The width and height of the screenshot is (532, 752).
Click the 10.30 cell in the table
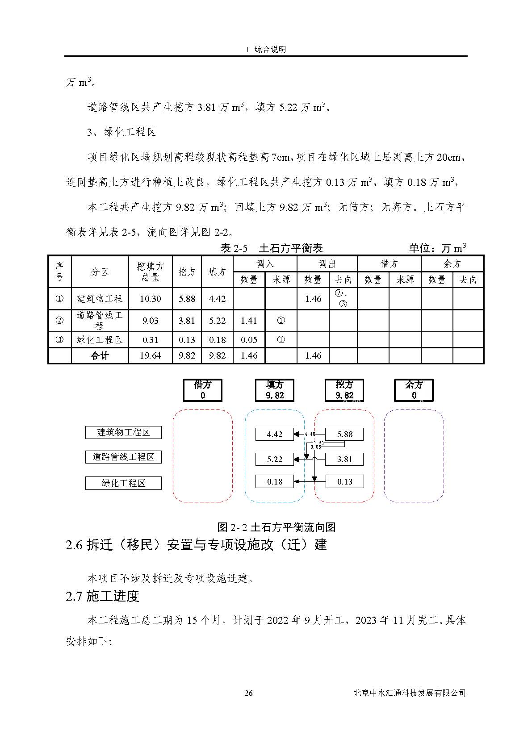(x=150, y=299)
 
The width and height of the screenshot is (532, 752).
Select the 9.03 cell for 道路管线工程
(x=150, y=321)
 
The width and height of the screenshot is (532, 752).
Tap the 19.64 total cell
(x=150, y=356)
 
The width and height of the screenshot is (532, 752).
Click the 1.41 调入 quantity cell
(x=249, y=321)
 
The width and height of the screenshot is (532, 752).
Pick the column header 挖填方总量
(x=150, y=272)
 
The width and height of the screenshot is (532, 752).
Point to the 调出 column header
(x=327, y=264)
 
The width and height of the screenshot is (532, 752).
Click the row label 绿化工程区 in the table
(x=100, y=340)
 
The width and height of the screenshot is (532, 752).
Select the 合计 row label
(x=100, y=356)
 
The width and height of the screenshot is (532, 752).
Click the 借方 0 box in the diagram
(x=203, y=390)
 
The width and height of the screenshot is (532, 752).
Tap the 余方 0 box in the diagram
(x=414, y=390)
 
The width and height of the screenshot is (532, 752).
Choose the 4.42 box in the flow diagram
(x=275, y=434)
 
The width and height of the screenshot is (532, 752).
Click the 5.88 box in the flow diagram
(x=344, y=434)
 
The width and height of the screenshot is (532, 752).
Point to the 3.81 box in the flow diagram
(x=344, y=459)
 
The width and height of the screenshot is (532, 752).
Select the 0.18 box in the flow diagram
(x=275, y=482)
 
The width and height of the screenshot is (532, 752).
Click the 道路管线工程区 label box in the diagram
(x=123, y=457)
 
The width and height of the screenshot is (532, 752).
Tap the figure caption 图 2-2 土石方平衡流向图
(x=276, y=527)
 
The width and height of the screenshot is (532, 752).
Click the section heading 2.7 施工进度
(x=102, y=596)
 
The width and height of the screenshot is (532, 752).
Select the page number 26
(x=249, y=693)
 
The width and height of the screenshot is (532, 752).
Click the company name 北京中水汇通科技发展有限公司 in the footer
(x=409, y=693)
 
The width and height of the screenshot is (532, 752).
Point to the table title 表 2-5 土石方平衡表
(x=272, y=248)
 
